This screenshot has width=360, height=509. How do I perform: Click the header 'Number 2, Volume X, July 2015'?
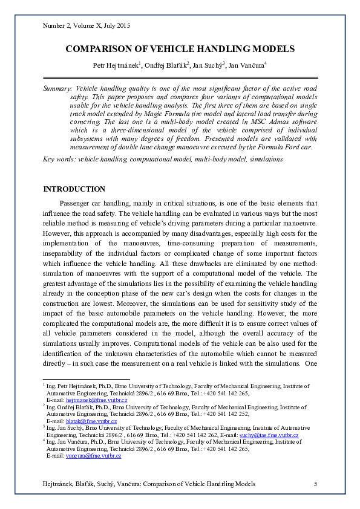(87, 26)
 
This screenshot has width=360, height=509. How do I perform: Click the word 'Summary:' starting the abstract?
(57, 88)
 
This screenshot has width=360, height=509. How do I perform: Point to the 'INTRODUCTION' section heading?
(74, 189)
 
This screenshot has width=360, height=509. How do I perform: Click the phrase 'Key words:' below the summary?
(59, 159)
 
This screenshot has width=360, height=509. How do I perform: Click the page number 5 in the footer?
(315, 484)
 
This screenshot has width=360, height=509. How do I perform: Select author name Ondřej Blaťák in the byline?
(168, 65)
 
